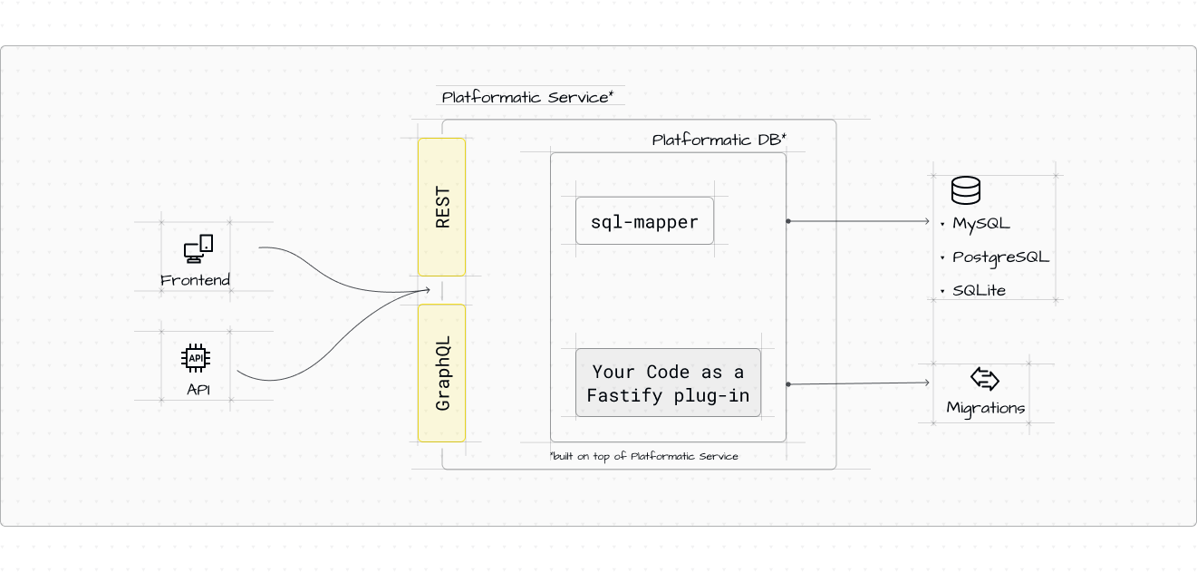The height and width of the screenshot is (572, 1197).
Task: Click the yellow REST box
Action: click(x=441, y=207)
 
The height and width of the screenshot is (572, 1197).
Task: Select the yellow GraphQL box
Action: click(x=441, y=373)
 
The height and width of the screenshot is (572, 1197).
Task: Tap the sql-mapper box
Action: click(x=644, y=222)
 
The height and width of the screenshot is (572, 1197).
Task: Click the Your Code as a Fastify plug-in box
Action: click(x=668, y=383)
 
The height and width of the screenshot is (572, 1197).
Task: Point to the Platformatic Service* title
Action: click(x=527, y=97)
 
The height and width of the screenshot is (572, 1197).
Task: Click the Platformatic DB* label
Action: click(x=719, y=140)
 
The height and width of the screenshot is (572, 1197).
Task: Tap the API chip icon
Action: click(x=197, y=359)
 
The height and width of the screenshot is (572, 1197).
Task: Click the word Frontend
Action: click(x=195, y=280)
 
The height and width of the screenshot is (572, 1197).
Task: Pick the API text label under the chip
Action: click(x=198, y=391)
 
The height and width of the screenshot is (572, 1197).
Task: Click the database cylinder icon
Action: click(x=965, y=190)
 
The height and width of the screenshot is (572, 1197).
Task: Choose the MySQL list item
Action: click(x=980, y=223)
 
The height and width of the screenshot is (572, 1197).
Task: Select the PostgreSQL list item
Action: click(x=1000, y=257)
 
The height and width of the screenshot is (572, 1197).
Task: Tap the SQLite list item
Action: click(x=979, y=290)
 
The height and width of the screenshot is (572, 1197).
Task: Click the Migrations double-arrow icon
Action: click(x=984, y=379)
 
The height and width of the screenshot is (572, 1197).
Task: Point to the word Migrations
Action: click(x=985, y=408)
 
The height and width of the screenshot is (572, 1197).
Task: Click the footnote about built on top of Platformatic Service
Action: click(x=643, y=456)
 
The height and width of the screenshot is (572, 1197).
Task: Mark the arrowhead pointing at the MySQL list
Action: click(x=927, y=221)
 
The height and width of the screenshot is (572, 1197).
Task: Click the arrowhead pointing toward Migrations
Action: click(x=926, y=383)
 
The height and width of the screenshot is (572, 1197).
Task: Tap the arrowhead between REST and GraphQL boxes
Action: click(x=427, y=290)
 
